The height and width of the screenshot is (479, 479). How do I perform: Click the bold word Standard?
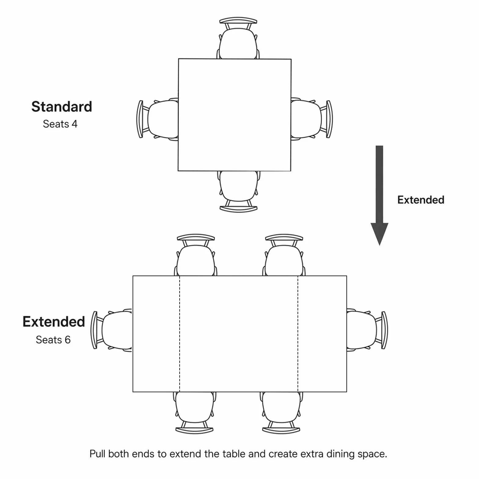click(x=62, y=107)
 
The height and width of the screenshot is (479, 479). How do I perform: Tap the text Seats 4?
click(x=60, y=124)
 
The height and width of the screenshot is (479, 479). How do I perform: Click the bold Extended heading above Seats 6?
click(x=54, y=322)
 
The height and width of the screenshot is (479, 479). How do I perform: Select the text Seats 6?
click(x=53, y=340)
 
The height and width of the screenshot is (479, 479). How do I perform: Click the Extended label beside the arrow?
click(x=421, y=200)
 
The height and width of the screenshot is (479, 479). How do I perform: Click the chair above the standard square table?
click(x=238, y=38)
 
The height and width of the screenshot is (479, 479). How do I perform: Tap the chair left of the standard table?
click(x=157, y=119)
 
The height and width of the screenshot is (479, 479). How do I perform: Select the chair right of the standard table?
click(x=312, y=119)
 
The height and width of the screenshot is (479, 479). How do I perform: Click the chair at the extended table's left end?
click(x=112, y=330)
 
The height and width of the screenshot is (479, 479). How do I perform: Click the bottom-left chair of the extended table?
click(x=195, y=413)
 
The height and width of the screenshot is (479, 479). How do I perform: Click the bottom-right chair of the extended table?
click(x=281, y=413)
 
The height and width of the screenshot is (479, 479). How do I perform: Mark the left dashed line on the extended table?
click(x=180, y=334)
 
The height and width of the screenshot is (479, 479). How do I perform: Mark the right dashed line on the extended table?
click(x=298, y=334)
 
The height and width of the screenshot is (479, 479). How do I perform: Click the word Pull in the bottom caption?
click(x=97, y=454)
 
